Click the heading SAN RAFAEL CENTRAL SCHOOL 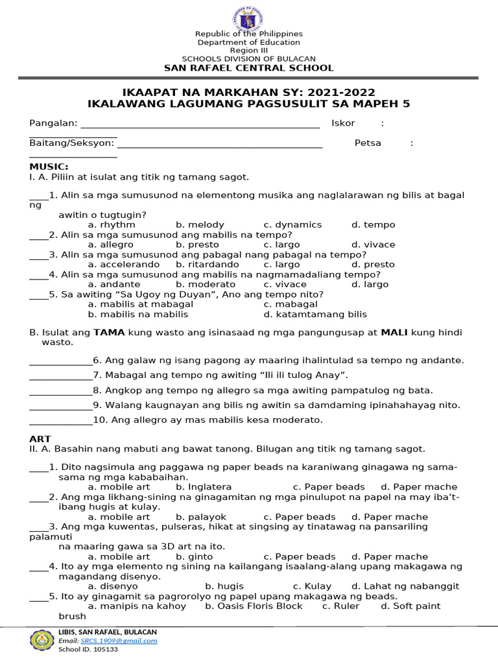pyautogui.click(x=249, y=68)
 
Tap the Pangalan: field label pyautogui.click(x=53, y=123)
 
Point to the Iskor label pyautogui.click(x=343, y=123)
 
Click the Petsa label pyautogui.click(x=368, y=143)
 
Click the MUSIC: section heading pyautogui.click(x=49, y=167)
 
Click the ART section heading pyautogui.click(x=40, y=439)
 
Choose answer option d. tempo pyautogui.click(x=373, y=224)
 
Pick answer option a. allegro pyautogui.click(x=110, y=244)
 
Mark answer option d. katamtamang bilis pyautogui.click(x=315, y=314)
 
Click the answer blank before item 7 pyautogui.click(x=60, y=375)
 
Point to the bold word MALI pyautogui.click(x=393, y=333)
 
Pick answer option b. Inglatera pyautogui.click(x=204, y=486)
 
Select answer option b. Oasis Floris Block pyautogui.click(x=254, y=606)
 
